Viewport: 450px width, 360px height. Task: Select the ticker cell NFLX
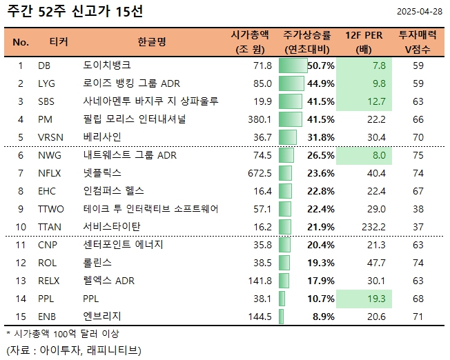click(50, 172)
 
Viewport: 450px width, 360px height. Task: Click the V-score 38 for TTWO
click(418, 208)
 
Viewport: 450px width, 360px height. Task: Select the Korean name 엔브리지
click(101, 316)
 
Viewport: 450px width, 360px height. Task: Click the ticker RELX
click(50, 280)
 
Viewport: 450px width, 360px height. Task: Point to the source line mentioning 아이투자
click(72, 349)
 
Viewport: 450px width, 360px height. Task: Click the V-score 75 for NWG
click(418, 155)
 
